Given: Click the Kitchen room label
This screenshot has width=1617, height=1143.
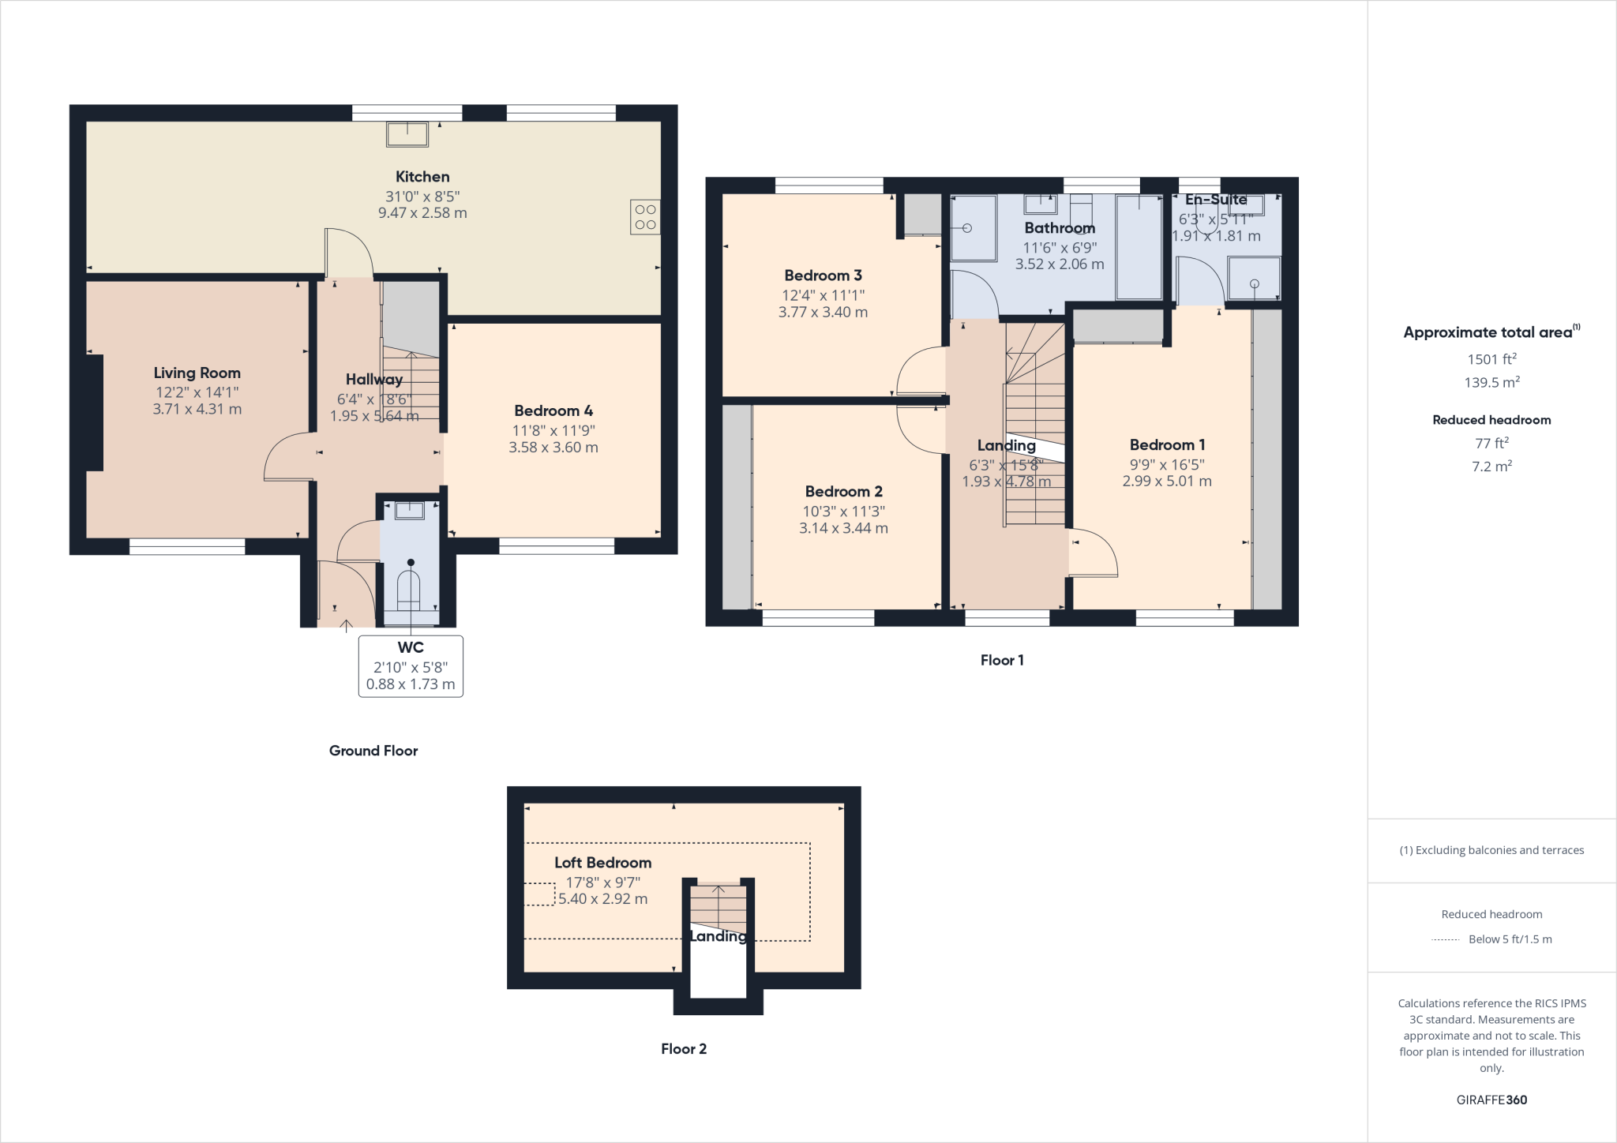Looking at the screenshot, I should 422,177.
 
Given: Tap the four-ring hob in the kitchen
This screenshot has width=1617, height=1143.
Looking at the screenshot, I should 645,217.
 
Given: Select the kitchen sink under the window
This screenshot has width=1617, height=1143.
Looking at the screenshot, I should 407,134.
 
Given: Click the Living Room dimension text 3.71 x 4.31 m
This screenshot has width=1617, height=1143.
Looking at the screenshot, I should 197,409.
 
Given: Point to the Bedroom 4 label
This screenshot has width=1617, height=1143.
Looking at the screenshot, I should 553,410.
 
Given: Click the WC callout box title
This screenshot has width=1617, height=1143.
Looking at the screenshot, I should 411,647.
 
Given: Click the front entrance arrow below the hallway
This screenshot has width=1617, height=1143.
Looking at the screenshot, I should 346,626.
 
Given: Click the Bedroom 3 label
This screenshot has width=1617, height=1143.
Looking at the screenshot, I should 823,275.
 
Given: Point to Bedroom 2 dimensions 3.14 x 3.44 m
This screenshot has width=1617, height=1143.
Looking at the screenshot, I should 843,528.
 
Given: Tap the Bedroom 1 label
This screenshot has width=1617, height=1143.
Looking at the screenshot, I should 1167,444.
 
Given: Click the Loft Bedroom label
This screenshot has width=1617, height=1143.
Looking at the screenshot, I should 602,863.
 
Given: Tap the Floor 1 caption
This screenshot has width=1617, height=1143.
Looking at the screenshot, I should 1002,660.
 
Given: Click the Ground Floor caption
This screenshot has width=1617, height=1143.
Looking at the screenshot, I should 373,751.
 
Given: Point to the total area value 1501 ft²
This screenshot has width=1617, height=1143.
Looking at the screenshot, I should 1491,359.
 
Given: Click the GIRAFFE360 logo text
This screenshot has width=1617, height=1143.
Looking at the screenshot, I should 1491,1100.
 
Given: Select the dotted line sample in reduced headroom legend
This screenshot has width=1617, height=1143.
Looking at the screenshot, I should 1445,939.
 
